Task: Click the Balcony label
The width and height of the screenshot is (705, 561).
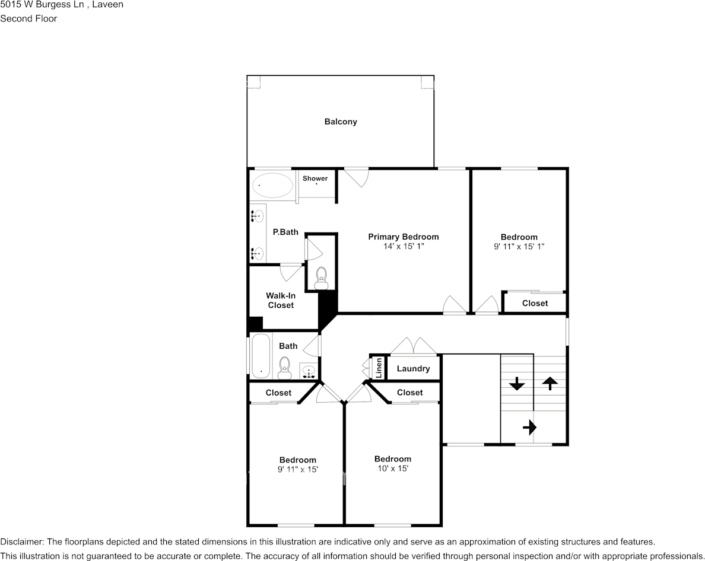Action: tap(341, 122)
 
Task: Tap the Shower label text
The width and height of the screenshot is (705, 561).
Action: tap(315, 179)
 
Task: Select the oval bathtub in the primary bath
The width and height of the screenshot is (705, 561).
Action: tap(272, 186)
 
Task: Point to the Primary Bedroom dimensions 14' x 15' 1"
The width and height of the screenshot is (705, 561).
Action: tap(404, 246)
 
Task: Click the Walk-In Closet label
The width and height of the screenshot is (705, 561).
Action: tap(281, 300)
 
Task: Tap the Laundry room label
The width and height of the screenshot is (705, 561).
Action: tap(413, 369)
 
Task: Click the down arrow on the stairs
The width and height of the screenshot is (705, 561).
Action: tap(517, 384)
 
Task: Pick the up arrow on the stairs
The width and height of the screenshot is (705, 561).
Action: tap(550, 384)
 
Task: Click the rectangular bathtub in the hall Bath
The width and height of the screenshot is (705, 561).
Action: tap(261, 356)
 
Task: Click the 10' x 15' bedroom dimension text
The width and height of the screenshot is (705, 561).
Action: tap(392, 468)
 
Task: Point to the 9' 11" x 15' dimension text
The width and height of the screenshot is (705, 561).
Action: tap(298, 470)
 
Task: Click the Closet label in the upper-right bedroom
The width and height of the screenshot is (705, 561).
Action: tap(535, 303)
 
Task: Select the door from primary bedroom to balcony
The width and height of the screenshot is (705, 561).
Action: tap(357, 177)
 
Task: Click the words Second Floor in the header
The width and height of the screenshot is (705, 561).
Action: tap(28, 18)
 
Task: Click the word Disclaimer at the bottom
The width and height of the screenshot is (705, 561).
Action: tap(21, 542)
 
